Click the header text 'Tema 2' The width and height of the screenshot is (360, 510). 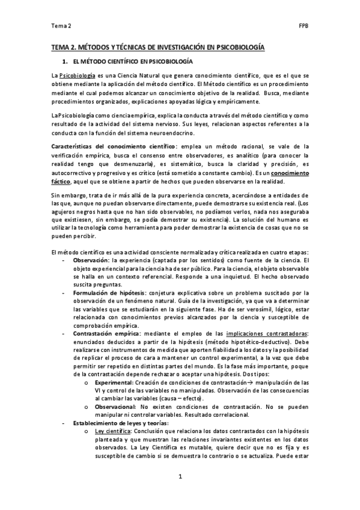[x=61, y=26]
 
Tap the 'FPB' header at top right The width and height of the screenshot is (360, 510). [x=304, y=26]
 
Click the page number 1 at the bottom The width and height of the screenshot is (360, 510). [x=180, y=477]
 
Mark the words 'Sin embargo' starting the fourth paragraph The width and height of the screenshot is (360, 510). [x=69, y=195]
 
